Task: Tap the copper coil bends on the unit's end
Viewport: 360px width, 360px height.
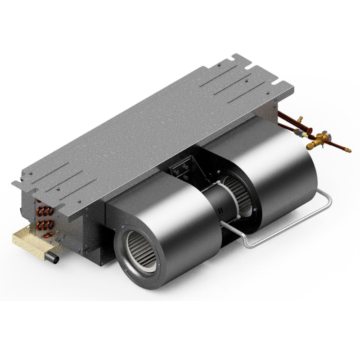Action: click(x=44, y=218)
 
